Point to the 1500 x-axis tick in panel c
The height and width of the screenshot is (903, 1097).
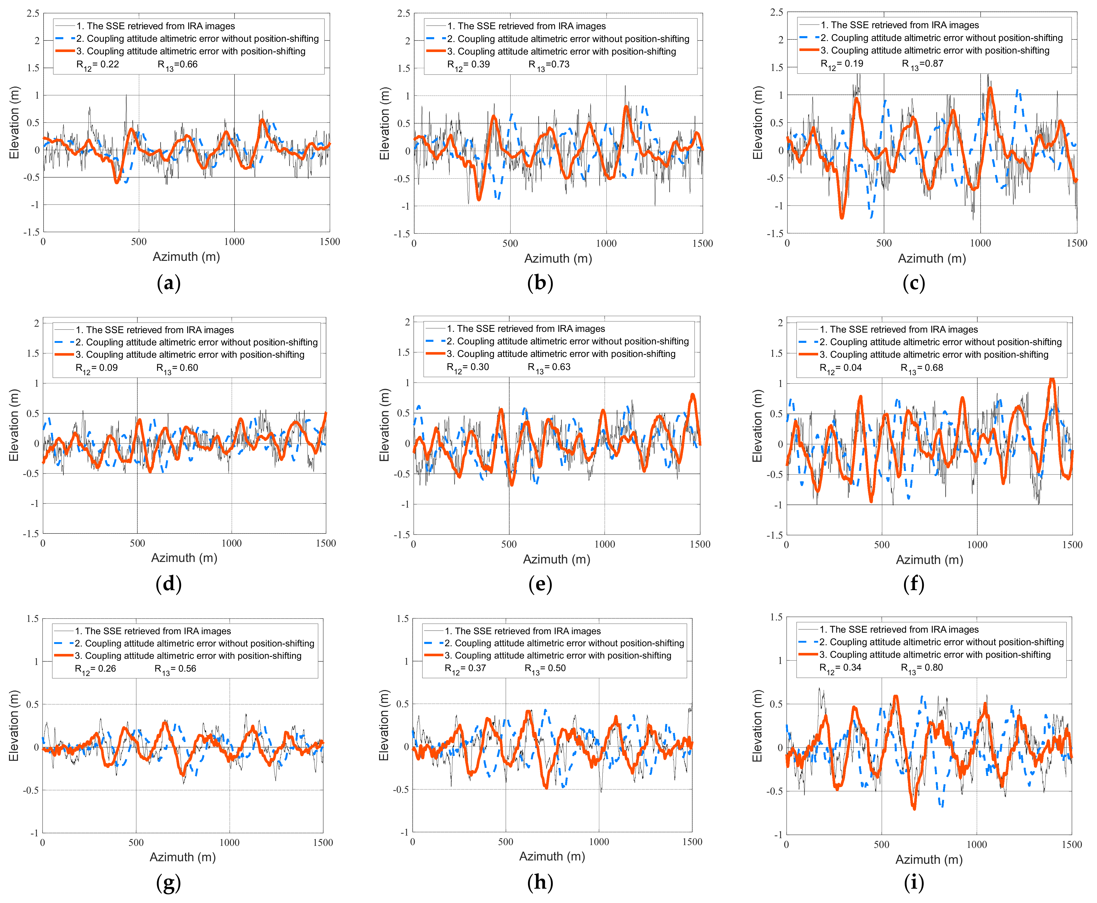[x=1076, y=243]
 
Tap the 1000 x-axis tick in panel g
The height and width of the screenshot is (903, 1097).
[x=229, y=843]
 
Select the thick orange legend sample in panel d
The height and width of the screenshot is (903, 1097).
[x=64, y=355]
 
